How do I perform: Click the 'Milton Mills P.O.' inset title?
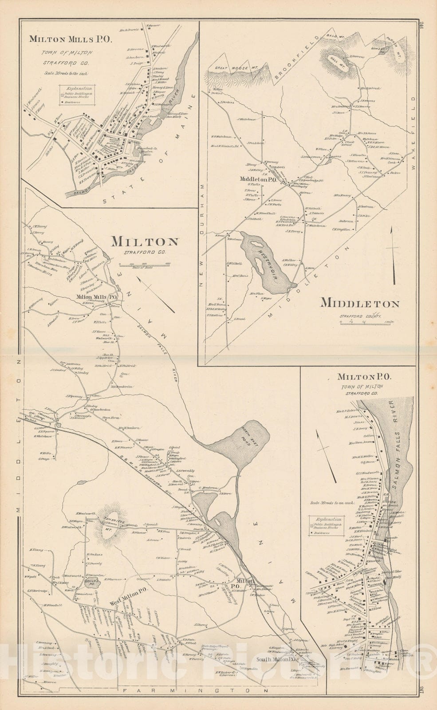tap(71, 39)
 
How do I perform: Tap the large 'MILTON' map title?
tap(145, 242)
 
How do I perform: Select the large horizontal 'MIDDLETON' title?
tap(360, 304)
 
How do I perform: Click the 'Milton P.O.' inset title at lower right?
tap(364, 377)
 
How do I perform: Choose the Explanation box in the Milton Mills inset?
tap(77, 95)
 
